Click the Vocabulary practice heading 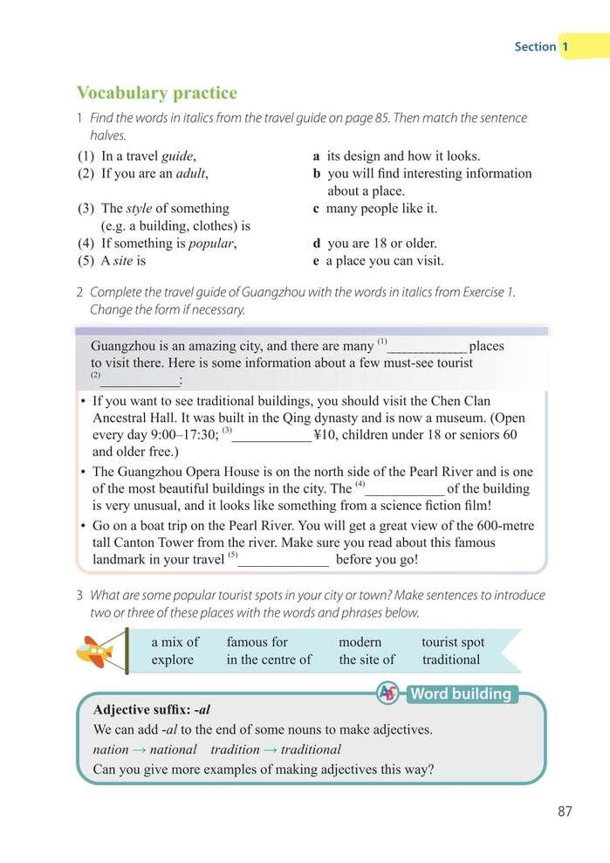click(x=156, y=93)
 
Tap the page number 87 click(x=565, y=811)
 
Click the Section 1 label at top click(x=542, y=46)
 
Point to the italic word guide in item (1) click(x=177, y=156)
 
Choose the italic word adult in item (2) click(x=189, y=174)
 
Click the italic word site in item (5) click(x=124, y=261)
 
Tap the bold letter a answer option click(x=317, y=156)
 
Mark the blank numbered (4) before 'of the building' click(x=404, y=490)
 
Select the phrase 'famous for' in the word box click(x=257, y=642)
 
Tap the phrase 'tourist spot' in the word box click(x=453, y=642)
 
